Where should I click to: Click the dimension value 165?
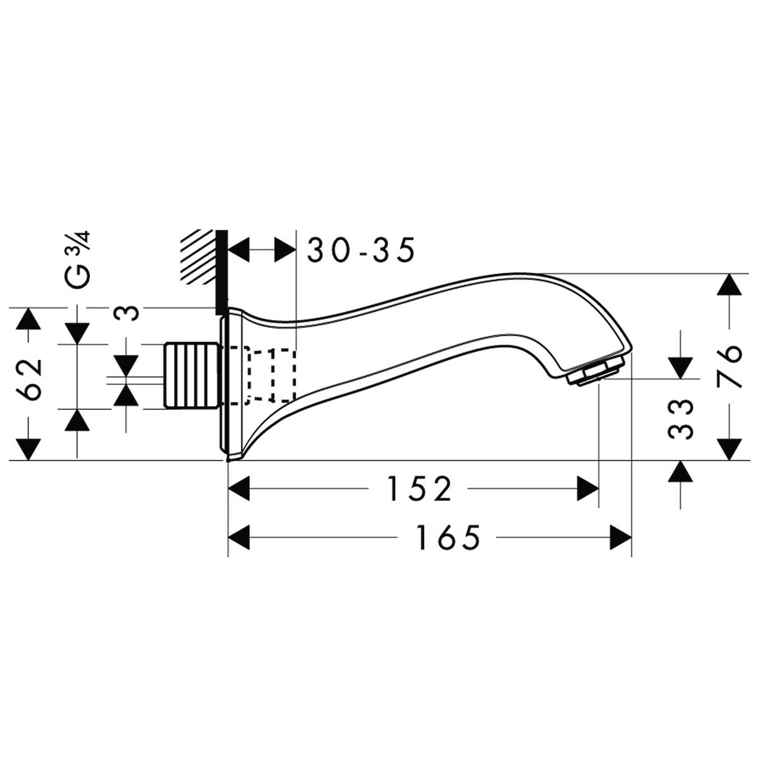click(x=448, y=538)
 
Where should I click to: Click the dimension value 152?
click(x=420, y=489)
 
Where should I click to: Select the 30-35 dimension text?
click(x=361, y=250)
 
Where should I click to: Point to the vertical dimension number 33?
click(x=680, y=419)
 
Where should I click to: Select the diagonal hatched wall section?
click(x=197, y=256)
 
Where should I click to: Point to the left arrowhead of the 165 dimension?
click(x=239, y=538)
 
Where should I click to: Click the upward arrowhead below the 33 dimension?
click(x=680, y=470)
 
